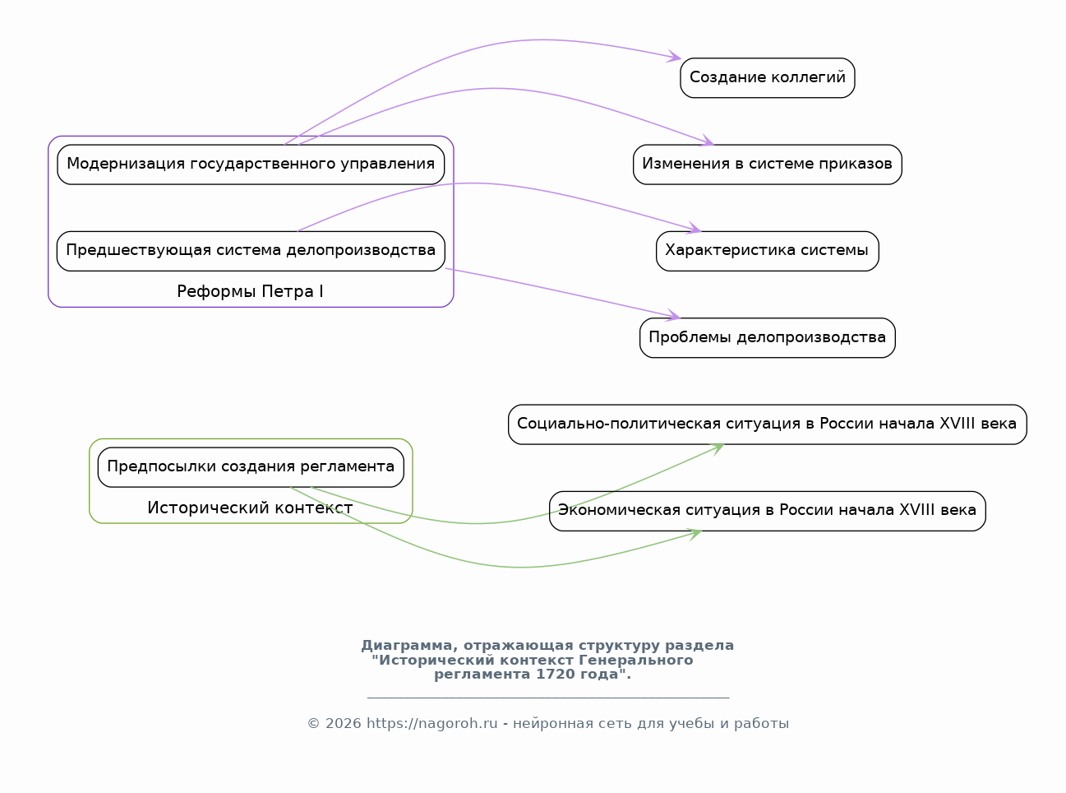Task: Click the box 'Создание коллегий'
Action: [767, 78]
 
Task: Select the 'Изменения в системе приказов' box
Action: [767, 165]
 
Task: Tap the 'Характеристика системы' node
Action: [767, 251]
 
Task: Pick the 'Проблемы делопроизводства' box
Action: [767, 338]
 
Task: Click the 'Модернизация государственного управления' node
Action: [251, 165]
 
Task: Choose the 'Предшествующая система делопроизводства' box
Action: [251, 251]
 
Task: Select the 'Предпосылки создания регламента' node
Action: [251, 467]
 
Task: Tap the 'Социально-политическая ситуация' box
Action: [767, 424]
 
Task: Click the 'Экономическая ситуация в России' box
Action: [767, 511]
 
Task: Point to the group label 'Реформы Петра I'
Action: [250, 291]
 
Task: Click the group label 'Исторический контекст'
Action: [250, 508]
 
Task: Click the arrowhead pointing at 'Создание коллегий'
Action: [674, 57]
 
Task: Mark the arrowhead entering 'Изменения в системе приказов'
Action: [707, 141]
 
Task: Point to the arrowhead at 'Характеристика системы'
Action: [694, 228]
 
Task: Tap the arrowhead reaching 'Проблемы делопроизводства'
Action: [673, 315]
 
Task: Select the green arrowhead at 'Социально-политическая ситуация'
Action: [717, 449]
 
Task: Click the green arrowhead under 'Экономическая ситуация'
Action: [695, 535]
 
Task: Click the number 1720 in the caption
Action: [552, 675]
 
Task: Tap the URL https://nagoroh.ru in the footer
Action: [432, 724]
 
